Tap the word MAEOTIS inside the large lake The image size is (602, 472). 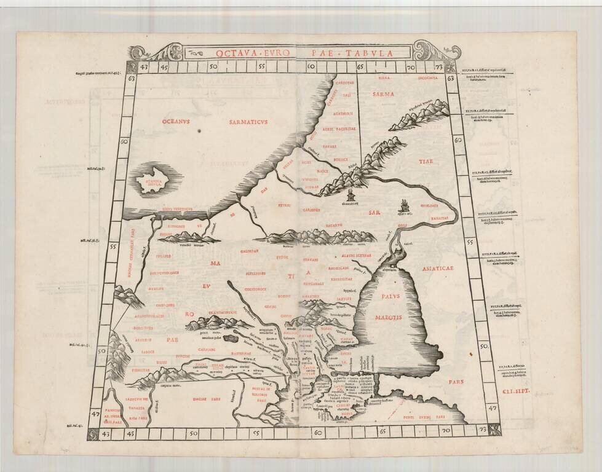389,317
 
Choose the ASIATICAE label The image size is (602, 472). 434,268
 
